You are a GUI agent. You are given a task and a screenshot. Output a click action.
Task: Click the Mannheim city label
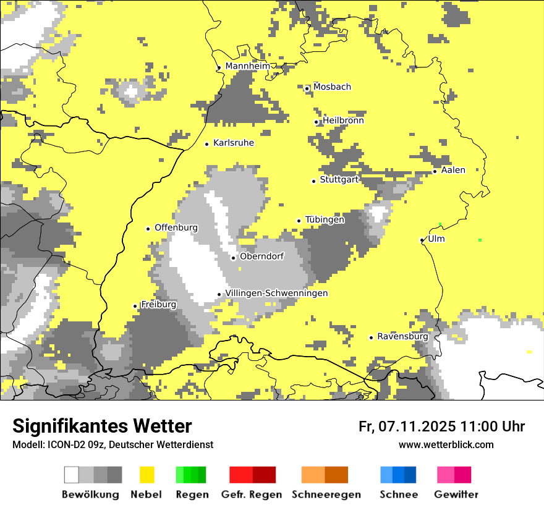pos(247,66)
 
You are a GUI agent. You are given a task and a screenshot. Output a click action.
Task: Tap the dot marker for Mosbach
pos(307,88)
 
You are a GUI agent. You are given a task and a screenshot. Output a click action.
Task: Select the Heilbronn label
pos(343,121)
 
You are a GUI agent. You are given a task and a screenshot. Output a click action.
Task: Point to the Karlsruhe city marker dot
pos(207,144)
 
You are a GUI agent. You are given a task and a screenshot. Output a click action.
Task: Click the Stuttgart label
pos(339,180)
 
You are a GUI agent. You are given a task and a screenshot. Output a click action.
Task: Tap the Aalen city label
pos(453,170)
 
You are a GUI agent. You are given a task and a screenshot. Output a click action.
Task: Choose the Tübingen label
pos(325,219)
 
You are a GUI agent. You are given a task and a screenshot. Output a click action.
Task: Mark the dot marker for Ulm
pos(422,240)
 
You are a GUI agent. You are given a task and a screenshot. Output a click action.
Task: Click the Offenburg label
pos(176,227)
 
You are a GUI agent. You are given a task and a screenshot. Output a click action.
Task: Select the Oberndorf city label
pos(262,256)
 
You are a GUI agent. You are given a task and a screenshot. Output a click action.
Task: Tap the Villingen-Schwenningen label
pos(276,293)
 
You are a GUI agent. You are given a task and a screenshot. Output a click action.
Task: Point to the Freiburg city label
pos(158,305)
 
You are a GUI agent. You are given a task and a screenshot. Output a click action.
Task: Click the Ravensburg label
pos(402,336)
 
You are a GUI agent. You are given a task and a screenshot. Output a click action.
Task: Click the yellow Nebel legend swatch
pos(147,475)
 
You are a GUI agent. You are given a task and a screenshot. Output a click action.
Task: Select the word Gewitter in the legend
pos(456,494)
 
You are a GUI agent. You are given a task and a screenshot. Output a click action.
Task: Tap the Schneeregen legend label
pos(326,494)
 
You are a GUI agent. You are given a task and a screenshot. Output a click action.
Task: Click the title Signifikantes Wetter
pos(102,426)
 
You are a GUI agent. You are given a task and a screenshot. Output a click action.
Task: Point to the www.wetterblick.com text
pos(446,444)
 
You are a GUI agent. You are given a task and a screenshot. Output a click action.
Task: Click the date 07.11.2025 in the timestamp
pos(417,426)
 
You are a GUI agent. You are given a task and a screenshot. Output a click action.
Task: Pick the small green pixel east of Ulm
pos(480,240)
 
